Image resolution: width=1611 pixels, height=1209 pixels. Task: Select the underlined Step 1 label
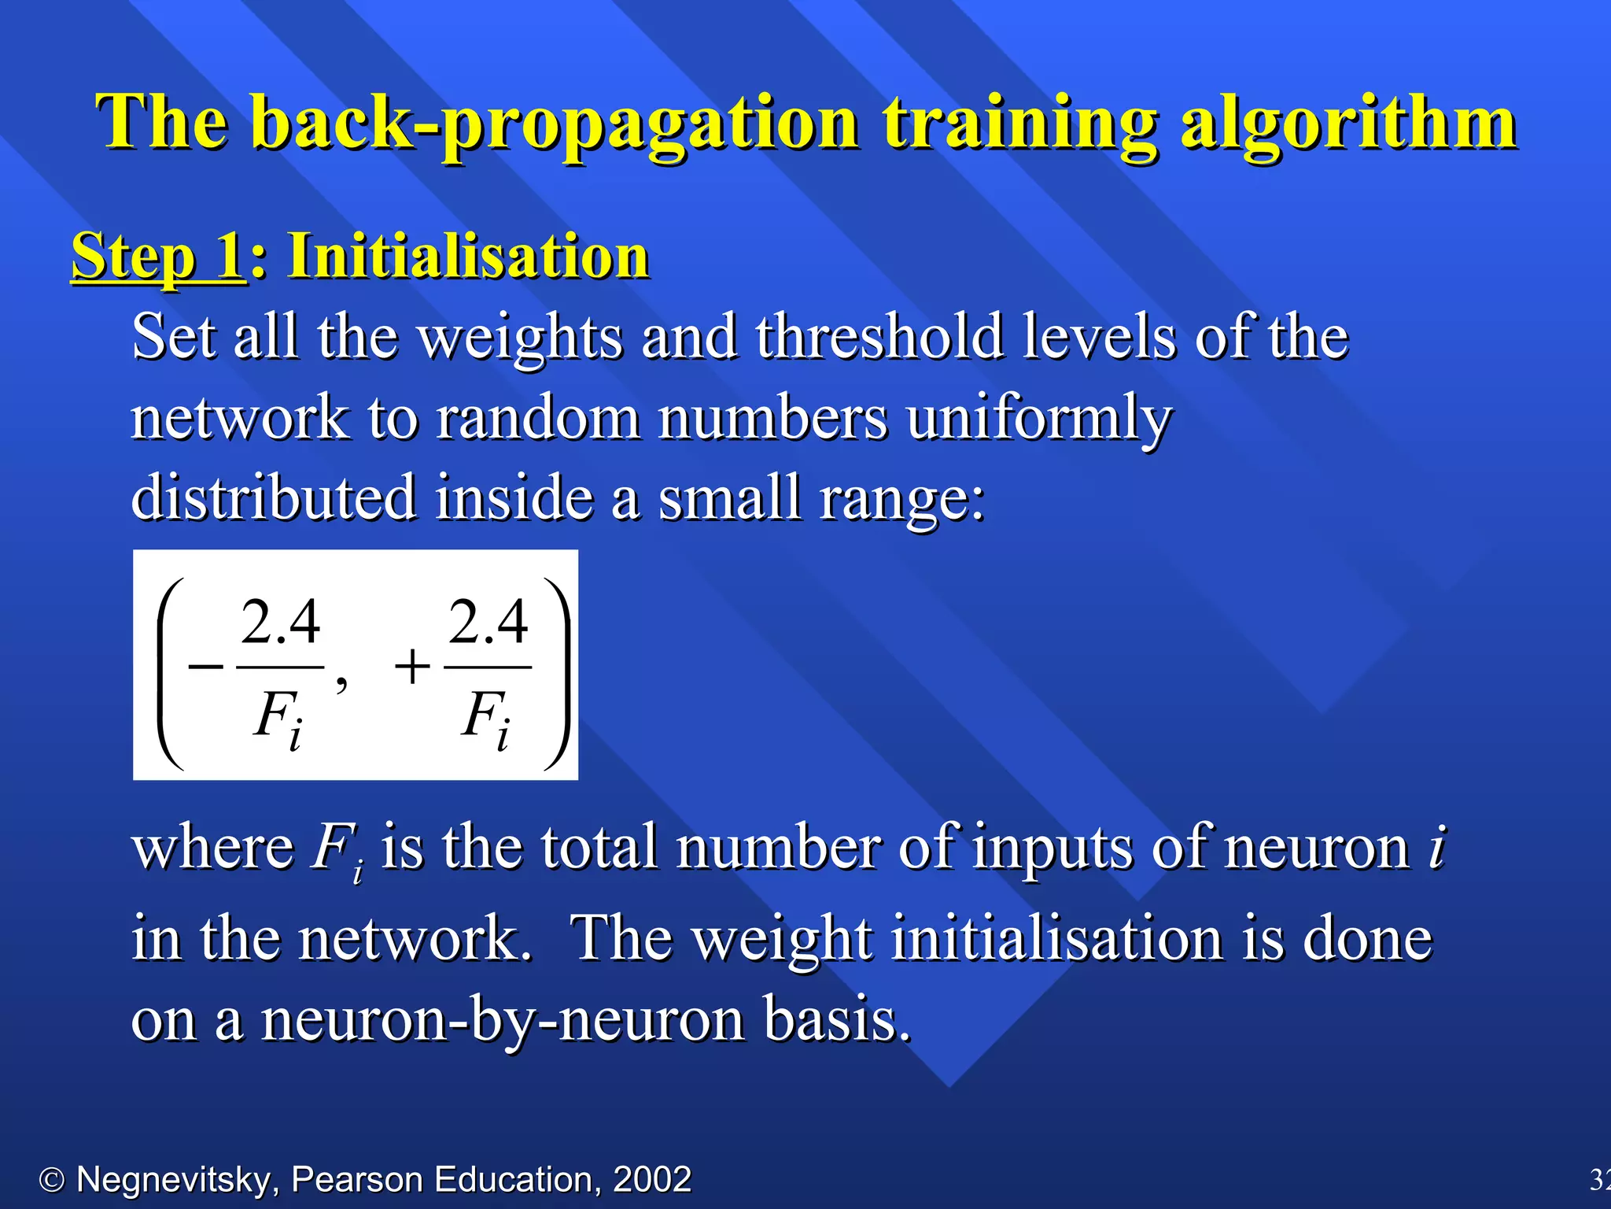[157, 257]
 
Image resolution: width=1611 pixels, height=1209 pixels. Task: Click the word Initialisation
[469, 257]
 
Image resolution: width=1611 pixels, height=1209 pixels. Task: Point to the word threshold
[879, 337]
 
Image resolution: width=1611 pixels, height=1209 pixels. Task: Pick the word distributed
[274, 497]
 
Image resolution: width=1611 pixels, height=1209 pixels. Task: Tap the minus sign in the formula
[206, 667]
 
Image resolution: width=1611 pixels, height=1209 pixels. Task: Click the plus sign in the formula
[412, 667]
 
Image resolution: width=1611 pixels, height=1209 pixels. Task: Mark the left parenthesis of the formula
[169, 673]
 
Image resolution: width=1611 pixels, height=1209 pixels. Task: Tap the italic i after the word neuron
[1436, 849]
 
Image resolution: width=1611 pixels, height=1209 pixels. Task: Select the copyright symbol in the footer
[52, 1180]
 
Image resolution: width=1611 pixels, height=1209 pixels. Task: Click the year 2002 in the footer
[651, 1179]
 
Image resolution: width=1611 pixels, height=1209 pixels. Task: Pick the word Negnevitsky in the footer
[173, 1179]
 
